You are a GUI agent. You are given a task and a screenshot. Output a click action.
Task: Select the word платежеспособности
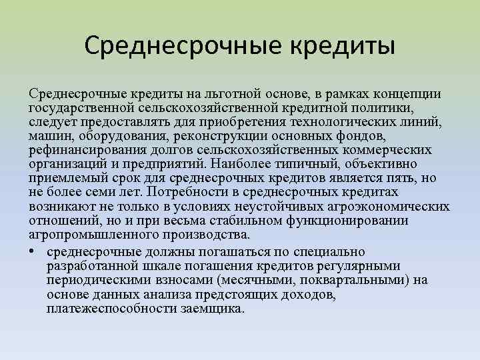(x=111, y=309)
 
